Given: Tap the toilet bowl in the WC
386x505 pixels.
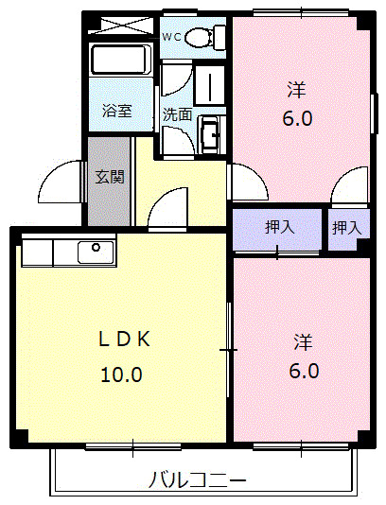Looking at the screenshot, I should (x=200, y=38).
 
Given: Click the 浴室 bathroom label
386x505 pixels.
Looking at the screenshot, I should (x=117, y=111).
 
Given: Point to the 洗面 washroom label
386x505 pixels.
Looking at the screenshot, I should (x=177, y=113).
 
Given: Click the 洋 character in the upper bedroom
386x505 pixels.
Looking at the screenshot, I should (x=296, y=91).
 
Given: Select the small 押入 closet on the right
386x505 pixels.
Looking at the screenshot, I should (x=346, y=227).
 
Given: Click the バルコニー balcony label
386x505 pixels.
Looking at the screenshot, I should (x=198, y=479).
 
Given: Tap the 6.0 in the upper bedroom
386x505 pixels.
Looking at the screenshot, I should (x=296, y=119).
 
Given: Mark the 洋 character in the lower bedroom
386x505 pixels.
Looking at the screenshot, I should (x=303, y=340).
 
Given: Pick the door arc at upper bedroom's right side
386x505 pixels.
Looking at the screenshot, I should (x=348, y=184).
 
